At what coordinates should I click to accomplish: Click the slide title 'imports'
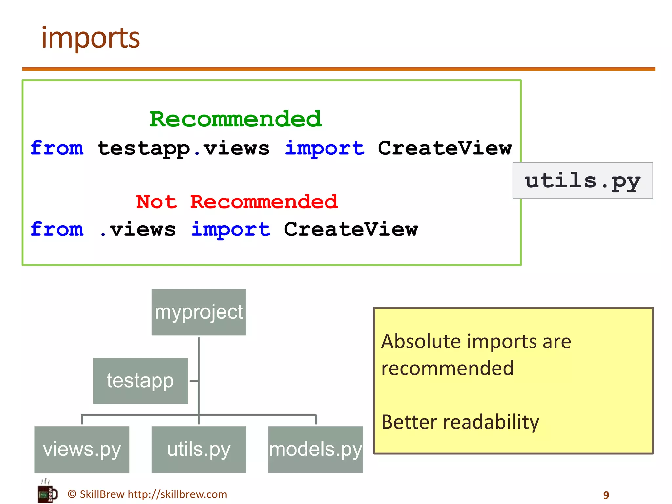(91, 38)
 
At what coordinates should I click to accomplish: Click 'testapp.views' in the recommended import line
(183, 148)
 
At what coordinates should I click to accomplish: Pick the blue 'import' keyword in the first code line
(324, 148)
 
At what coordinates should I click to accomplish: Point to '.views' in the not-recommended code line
(137, 229)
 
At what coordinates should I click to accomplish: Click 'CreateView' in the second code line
(351, 229)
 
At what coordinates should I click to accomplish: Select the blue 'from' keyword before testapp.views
(57, 148)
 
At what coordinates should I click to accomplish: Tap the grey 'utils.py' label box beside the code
(582, 180)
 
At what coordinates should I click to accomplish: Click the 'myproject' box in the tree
(199, 312)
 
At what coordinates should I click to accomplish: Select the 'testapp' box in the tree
(140, 381)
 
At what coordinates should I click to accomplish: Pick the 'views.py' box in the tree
(82, 449)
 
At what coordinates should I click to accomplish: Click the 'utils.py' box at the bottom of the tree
(199, 449)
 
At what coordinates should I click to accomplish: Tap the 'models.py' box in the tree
(315, 449)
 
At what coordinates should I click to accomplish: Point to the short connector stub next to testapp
(194, 381)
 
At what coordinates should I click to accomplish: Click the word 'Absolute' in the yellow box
(421, 342)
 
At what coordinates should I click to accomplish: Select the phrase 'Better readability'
(460, 422)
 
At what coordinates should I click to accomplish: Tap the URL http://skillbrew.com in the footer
(177, 494)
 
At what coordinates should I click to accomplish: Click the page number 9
(606, 495)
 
